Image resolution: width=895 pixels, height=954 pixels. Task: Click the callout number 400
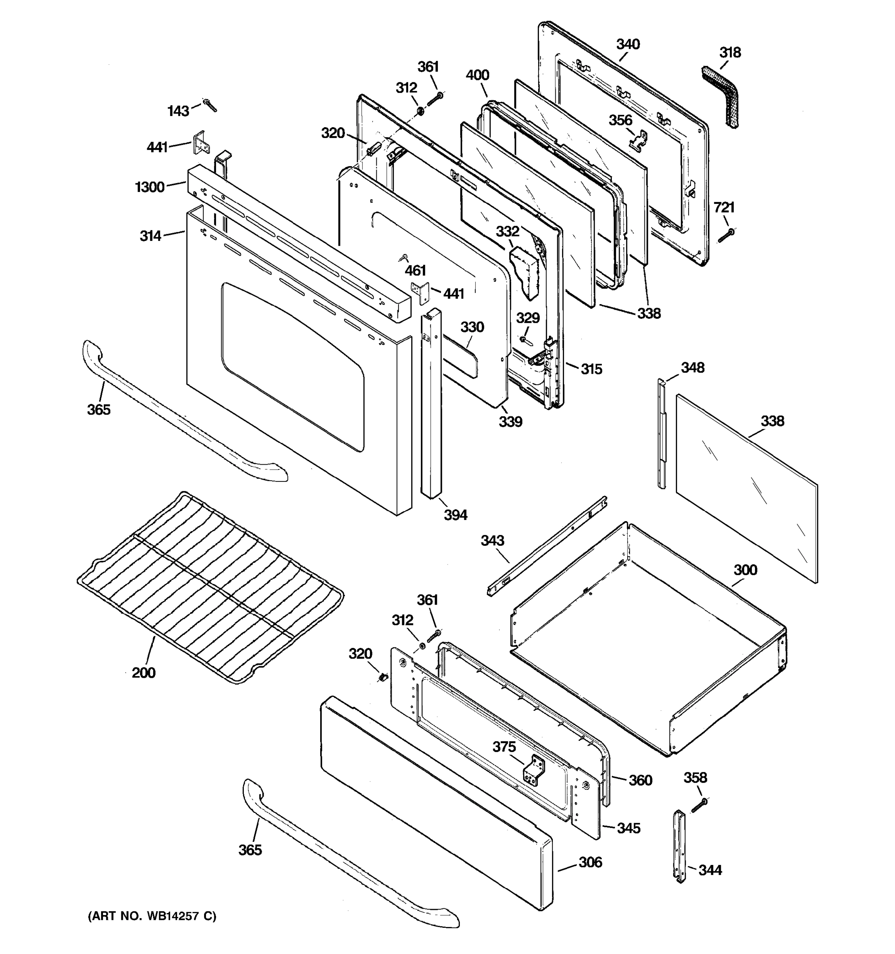click(x=477, y=76)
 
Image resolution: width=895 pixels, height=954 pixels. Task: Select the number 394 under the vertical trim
click(x=455, y=515)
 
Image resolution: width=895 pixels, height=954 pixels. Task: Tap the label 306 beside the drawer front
click(x=590, y=862)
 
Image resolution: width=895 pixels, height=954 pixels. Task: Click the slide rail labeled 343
click(x=547, y=547)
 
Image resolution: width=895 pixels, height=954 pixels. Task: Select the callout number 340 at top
click(x=628, y=45)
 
